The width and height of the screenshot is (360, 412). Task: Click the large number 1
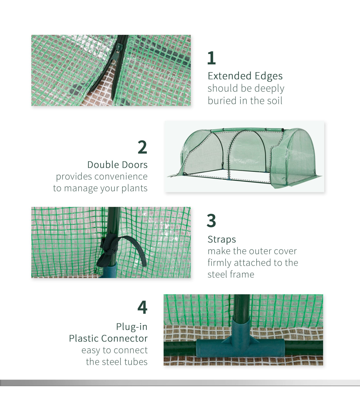pos(211,58)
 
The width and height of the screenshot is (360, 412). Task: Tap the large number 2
pos(142,147)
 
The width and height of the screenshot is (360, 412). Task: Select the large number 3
pos(211,220)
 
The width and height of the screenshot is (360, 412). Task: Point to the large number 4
pos(142,307)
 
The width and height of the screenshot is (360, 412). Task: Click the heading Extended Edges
pos(245,76)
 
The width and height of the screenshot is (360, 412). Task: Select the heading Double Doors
pos(118,165)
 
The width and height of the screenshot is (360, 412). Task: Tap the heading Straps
pos(222,240)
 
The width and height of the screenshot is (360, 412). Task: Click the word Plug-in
pos(132,327)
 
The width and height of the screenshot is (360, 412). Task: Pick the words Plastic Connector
pos(108,338)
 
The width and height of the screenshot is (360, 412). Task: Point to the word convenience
pos(121,177)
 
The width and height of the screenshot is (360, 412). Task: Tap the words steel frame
pos(231,274)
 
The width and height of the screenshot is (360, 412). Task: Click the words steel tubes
pos(117,362)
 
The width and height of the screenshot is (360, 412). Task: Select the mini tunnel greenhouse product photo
pos(244,156)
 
